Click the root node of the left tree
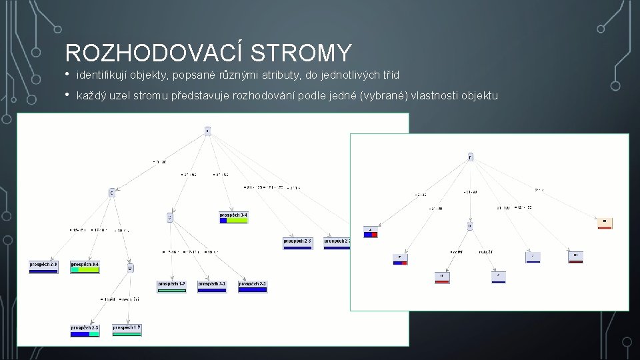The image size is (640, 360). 207,131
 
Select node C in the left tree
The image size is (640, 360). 111,193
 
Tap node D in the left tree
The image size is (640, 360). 130,268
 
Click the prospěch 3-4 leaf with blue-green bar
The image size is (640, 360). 233,217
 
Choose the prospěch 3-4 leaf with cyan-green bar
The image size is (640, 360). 85,266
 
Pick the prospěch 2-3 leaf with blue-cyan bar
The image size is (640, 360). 85,330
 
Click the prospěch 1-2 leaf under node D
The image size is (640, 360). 127,330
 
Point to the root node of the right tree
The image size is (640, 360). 470,157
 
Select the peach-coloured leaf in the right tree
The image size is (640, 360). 605,222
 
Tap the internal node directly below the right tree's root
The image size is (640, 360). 469,226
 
